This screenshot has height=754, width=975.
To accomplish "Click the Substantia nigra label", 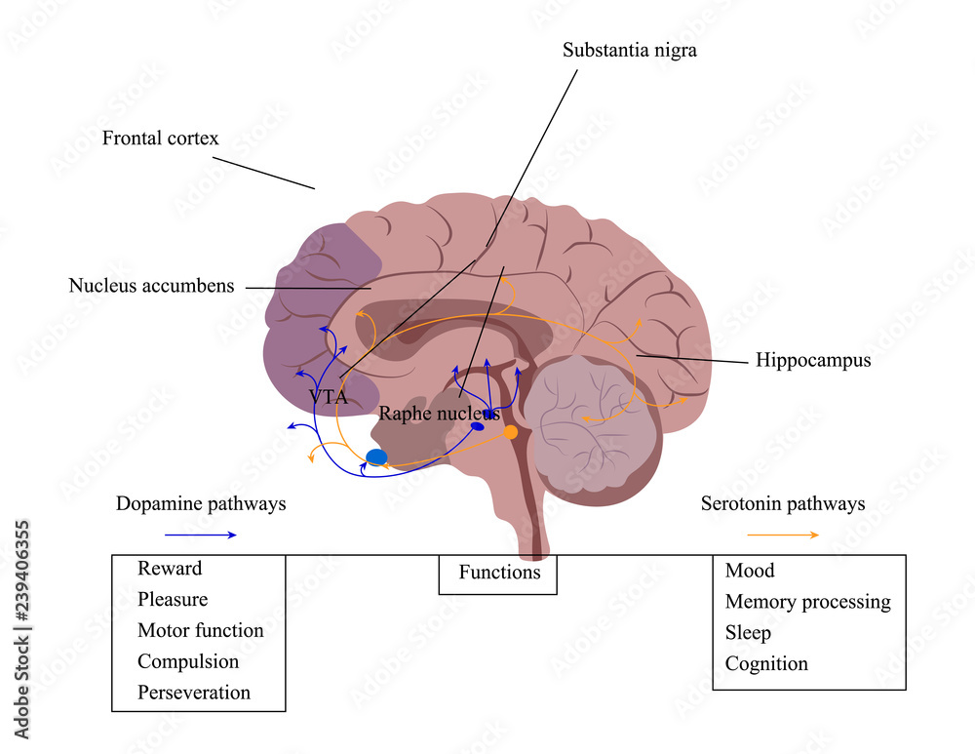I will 630,50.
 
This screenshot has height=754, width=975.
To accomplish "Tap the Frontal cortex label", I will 161,139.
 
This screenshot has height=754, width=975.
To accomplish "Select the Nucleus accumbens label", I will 151,286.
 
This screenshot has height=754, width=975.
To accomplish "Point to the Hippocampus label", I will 813,361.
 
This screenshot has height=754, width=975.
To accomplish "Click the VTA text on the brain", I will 328,397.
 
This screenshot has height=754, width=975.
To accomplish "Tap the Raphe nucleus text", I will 439,413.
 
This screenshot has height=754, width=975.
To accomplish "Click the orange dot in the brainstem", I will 510,432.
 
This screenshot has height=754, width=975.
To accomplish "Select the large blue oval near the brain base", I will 376,456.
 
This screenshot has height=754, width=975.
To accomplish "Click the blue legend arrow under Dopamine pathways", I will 200,535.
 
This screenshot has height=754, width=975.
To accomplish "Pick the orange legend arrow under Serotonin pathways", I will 783,535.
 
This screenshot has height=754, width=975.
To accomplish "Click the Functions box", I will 498,573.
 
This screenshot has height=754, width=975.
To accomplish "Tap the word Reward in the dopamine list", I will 170,568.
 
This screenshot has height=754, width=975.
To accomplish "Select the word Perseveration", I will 194,693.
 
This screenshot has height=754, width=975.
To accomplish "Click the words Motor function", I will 200,630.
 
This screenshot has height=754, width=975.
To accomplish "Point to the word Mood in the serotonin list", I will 749,571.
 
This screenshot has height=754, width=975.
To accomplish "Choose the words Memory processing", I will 807,602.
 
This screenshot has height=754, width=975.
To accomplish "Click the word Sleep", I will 748,633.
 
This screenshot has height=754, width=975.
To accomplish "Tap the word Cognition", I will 766,664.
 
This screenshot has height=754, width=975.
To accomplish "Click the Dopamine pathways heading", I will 201,504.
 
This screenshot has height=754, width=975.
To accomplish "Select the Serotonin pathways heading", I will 783,504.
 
